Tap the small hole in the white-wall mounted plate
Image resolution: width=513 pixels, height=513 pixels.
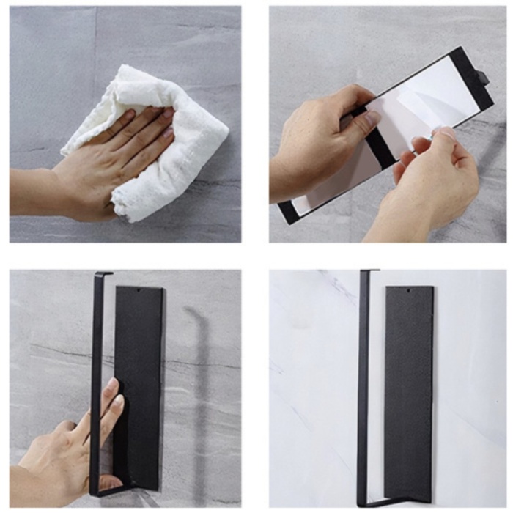(408, 292)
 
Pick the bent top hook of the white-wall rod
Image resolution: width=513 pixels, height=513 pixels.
(369, 272)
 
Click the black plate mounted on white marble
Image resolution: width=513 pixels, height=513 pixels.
(408, 388)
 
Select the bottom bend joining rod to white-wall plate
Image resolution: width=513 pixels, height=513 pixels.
(374, 503)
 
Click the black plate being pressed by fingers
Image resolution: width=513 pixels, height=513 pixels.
(139, 366)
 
